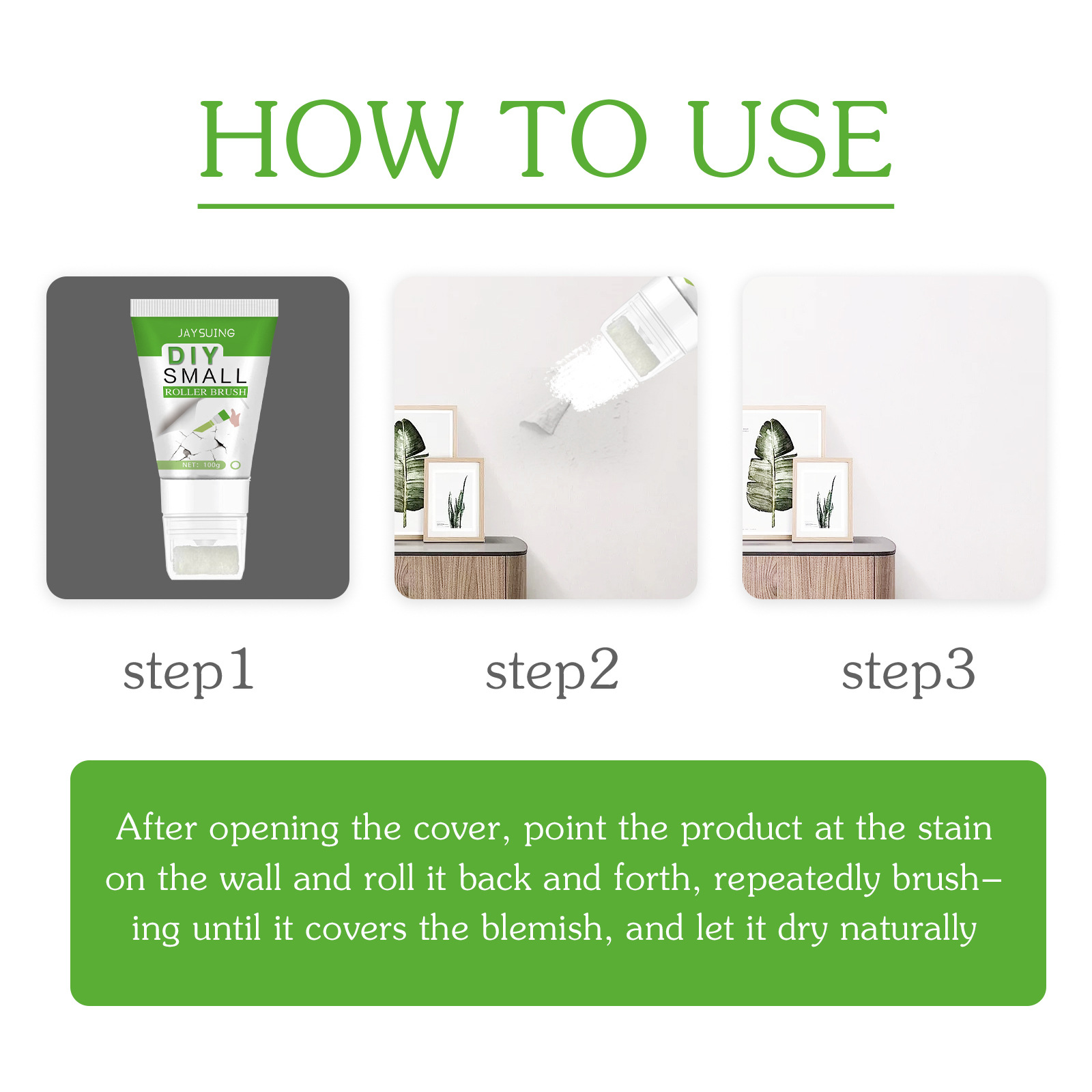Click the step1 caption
tap(188, 672)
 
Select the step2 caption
tap(551, 672)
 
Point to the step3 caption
tap(908, 672)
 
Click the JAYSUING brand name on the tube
tap(206, 333)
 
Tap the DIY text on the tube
tap(193, 356)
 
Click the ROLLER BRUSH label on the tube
tap(205, 392)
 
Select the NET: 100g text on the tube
tap(201, 465)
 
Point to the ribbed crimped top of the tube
tap(204, 307)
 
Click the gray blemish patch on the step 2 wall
tap(545, 416)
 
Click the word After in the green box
tap(156, 828)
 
